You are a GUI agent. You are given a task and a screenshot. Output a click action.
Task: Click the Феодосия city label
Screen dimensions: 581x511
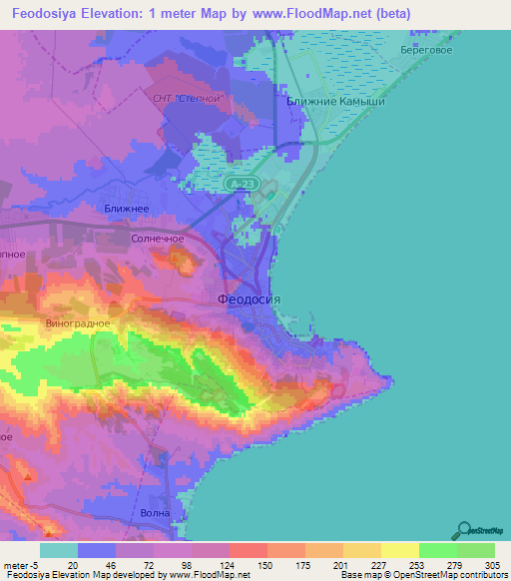250,298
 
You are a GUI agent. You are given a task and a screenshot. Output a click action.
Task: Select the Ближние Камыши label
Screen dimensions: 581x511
335,102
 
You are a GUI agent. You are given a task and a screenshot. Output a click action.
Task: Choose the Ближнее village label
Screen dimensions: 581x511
127,208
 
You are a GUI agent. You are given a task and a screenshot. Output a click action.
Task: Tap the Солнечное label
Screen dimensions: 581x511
158,240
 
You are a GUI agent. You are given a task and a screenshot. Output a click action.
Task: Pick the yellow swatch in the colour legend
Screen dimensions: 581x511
399,550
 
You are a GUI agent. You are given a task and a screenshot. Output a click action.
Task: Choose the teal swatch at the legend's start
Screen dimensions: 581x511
59,550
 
